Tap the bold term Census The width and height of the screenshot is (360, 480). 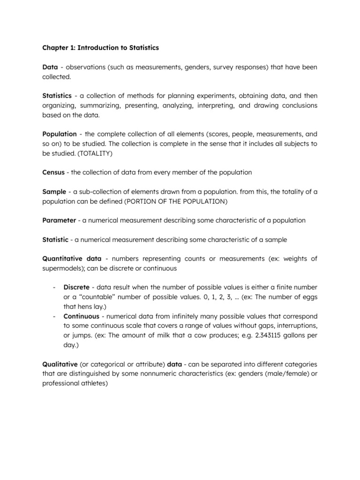click(53, 172)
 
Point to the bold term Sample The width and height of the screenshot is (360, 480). click(54, 192)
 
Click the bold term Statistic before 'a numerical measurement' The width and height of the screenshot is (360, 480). click(55, 240)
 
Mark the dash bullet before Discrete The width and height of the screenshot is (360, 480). click(55, 287)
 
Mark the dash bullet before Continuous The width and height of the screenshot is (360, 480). click(55, 316)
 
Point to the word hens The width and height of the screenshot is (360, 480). click(81, 306)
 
